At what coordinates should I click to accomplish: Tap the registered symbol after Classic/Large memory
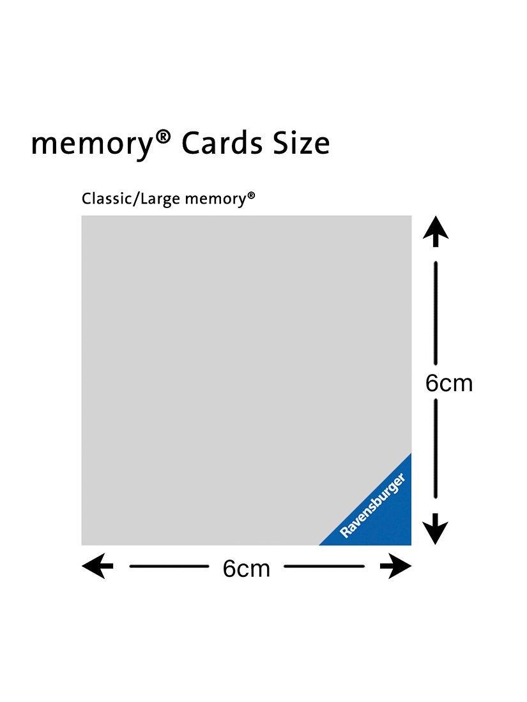click(252, 195)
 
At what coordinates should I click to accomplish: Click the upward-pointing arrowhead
click(436, 231)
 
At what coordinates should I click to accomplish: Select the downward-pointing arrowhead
click(436, 529)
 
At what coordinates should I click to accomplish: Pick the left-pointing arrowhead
click(97, 566)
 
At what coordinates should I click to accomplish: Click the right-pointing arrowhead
click(395, 566)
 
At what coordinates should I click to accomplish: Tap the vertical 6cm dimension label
click(449, 384)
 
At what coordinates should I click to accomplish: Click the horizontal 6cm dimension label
click(247, 569)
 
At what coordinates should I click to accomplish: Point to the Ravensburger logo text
click(373, 505)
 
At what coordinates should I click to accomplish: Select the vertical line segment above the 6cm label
click(436, 313)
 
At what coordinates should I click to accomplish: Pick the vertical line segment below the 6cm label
click(436, 449)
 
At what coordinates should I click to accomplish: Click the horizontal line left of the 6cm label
click(169, 566)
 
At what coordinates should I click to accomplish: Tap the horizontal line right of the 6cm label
click(324, 566)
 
